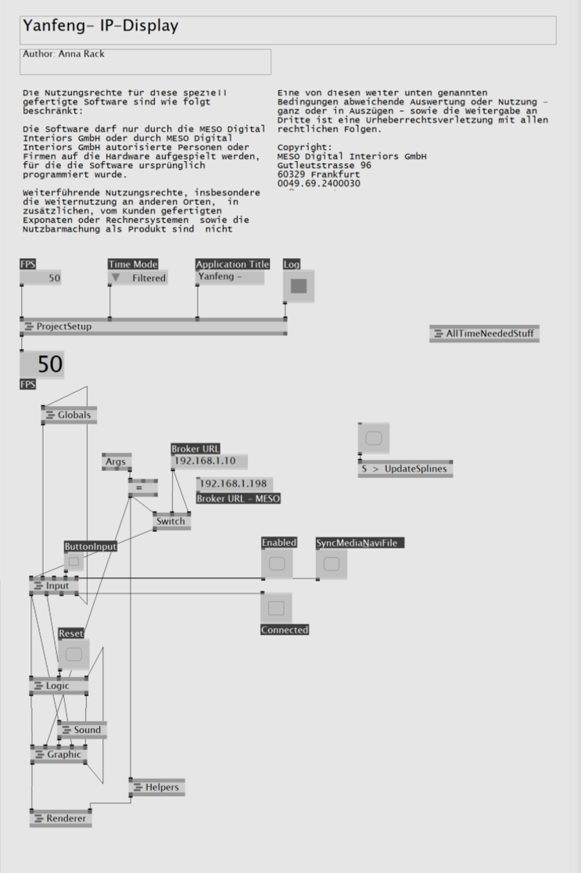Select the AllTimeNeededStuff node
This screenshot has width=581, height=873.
click(485, 334)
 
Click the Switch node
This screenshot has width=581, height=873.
click(171, 522)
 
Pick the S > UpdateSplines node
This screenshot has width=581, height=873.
click(405, 469)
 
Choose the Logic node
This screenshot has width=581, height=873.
click(59, 686)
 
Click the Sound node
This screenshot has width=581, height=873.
click(82, 730)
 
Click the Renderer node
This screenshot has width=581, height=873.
click(61, 818)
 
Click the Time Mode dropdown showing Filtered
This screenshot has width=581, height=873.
click(138, 278)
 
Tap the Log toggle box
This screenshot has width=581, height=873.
click(299, 286)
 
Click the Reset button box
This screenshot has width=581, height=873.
click(74, 655)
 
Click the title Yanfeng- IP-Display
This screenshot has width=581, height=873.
click(101, 26)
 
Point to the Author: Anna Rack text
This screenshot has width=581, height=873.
click(63, 54)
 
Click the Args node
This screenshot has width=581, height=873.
click(117, 462)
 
